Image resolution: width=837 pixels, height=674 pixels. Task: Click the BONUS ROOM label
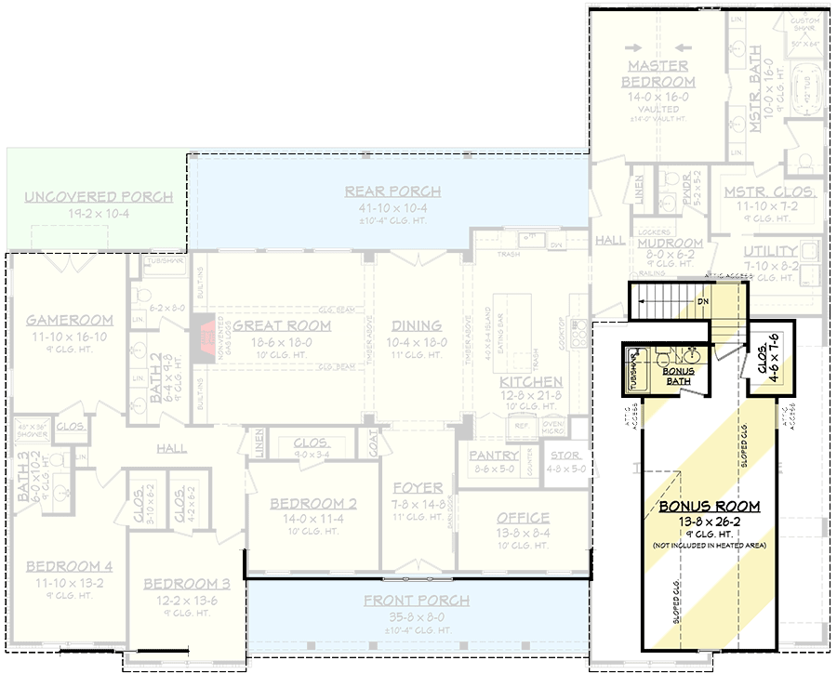click(710, 507)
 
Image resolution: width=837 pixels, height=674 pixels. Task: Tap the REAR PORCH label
click(392, 192)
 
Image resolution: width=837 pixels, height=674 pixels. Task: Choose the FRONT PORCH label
click(417, 601)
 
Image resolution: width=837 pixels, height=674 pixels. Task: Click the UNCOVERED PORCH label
click(99, 197)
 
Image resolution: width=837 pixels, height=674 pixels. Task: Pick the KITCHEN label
click(531, 382)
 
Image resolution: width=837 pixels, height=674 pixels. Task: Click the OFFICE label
click(523, 518)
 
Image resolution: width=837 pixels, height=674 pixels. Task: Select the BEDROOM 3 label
click(187, 584)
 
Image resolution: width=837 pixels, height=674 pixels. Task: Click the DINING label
click(417, 325)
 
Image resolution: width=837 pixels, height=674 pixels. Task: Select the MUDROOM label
click(670, 244)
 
